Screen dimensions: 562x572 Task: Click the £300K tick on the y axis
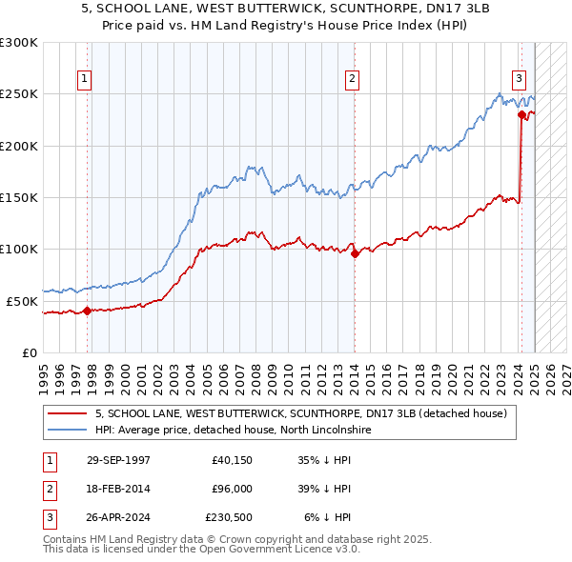(x=19, y=43)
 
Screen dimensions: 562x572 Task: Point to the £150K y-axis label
(x=19, y=197)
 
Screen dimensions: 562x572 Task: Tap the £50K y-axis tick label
(x=22, y=301)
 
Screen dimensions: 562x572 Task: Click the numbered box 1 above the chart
(x=86, y=79)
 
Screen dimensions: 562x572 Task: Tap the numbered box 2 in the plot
(x=353, y=79)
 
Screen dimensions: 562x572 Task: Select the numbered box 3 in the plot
(x=520, y=79)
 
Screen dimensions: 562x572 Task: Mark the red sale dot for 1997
(x=87, y=311)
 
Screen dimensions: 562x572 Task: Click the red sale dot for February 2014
(x=354, y=253)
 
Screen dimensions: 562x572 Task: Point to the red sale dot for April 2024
(x=521, y=115)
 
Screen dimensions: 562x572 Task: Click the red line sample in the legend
(x=67, y=413)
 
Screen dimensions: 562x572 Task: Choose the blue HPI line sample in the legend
(x=67, y=430)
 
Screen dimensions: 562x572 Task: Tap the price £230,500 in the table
(x=228, y=517)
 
